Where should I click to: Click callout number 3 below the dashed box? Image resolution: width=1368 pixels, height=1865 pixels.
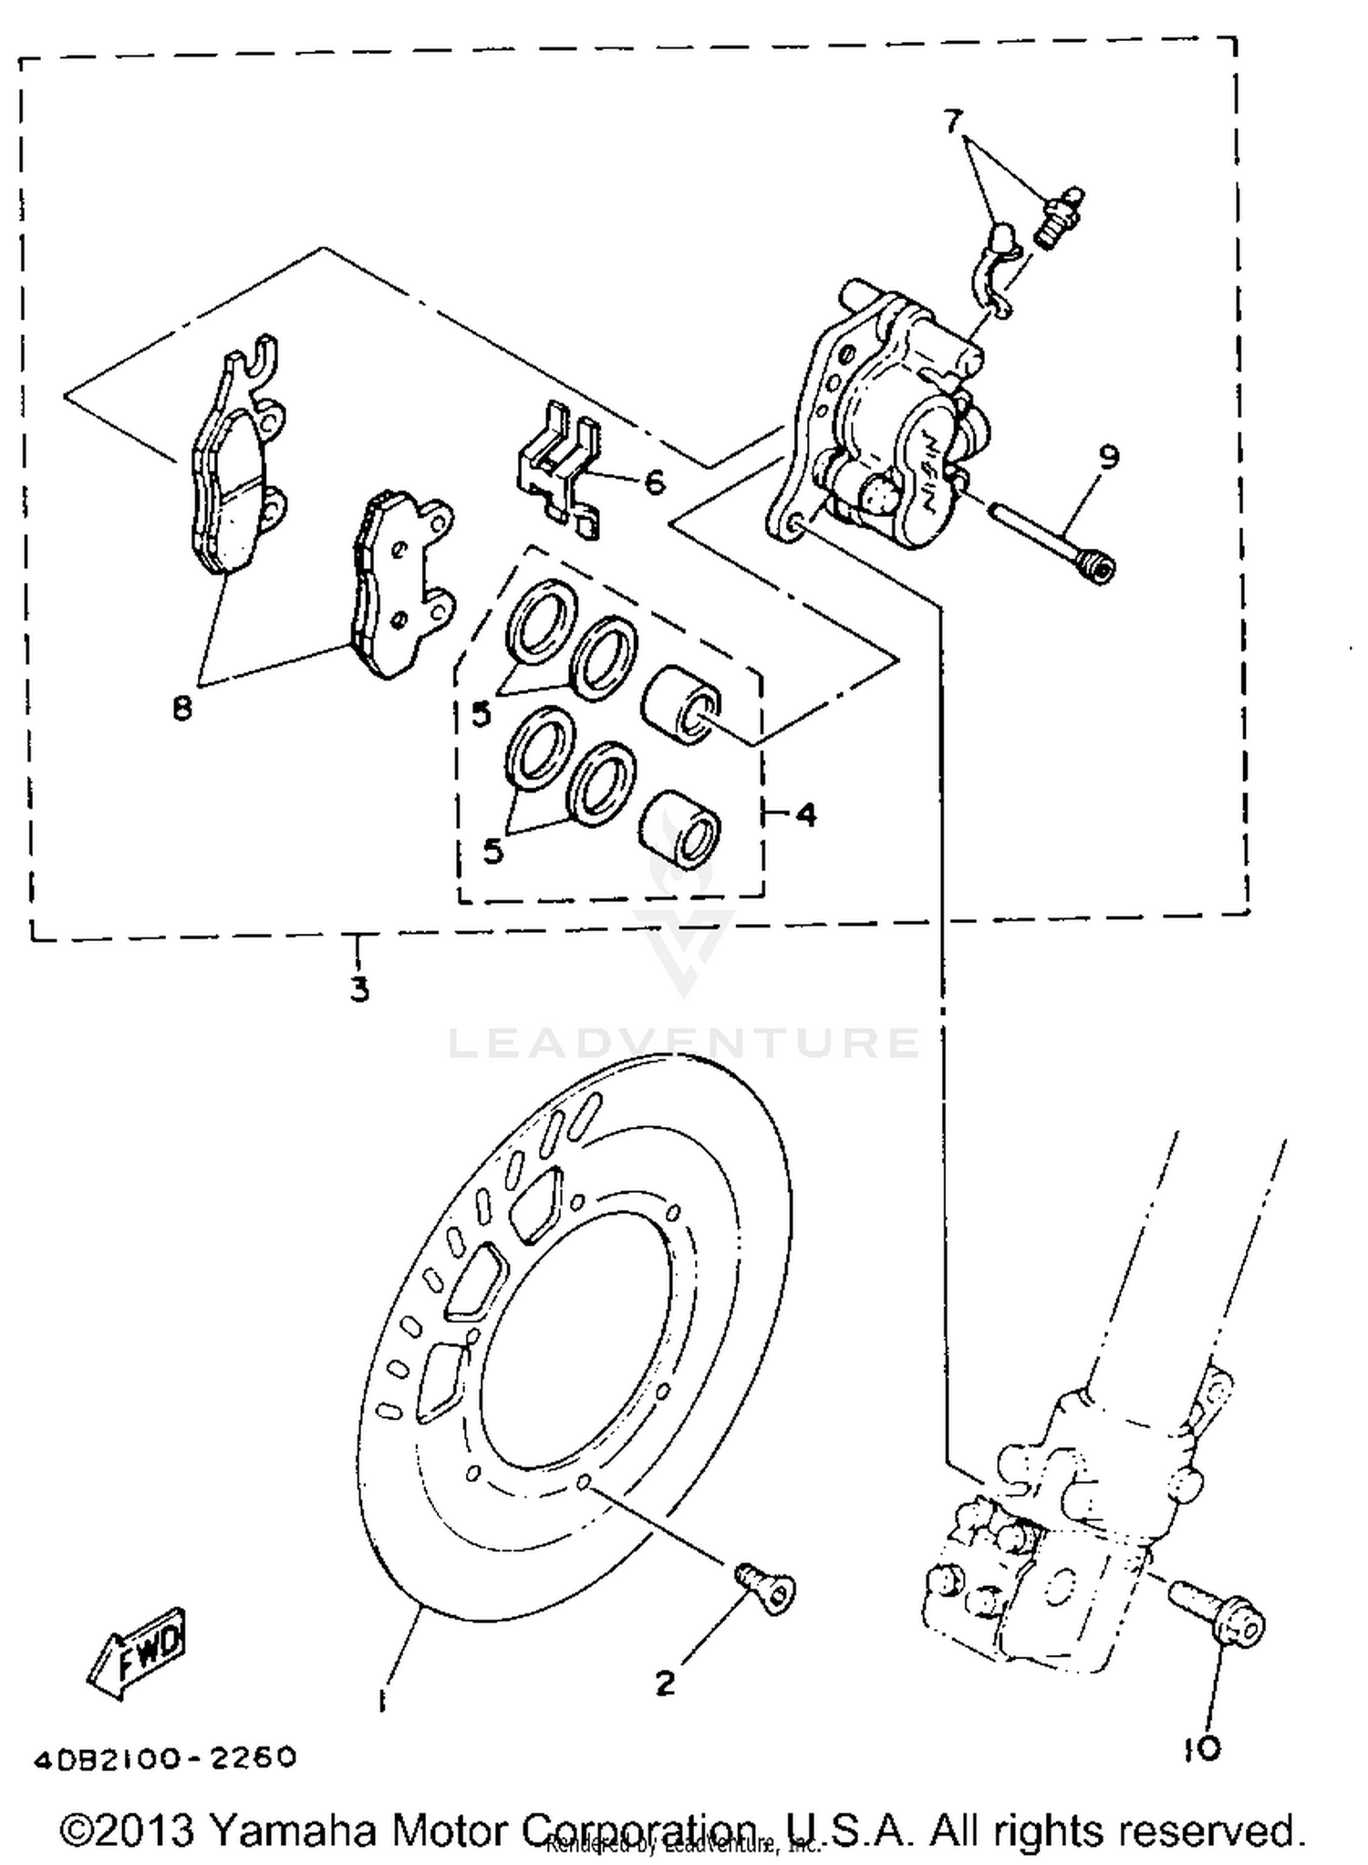pos(360,989)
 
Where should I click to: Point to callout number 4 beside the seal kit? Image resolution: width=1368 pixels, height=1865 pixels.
pos(806,813)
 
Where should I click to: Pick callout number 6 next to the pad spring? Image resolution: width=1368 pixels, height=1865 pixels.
pos(655,482)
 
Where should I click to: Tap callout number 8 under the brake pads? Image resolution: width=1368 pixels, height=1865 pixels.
pos(182,707)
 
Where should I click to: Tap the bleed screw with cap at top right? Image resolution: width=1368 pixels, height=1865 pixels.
pos(1058,217)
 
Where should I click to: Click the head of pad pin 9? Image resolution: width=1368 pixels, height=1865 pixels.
pos(1100,570)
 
